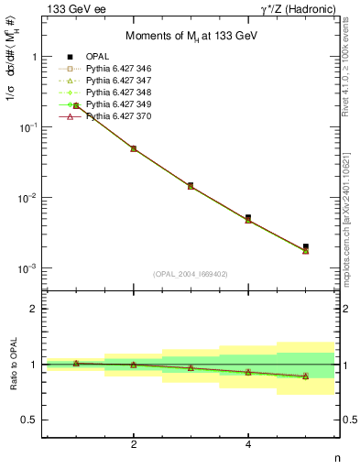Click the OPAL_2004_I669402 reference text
point(188,274)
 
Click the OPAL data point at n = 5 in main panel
point(306,246)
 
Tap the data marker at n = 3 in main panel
point(191,185)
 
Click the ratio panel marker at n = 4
point(248,372)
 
